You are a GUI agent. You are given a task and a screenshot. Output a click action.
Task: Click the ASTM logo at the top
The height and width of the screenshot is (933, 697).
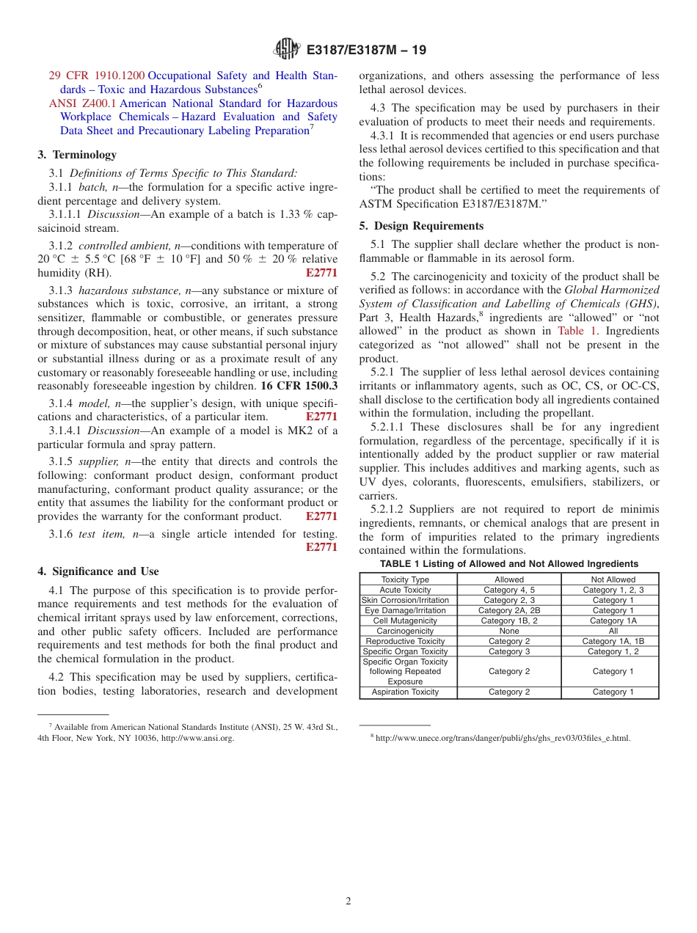click(x=286, y=50)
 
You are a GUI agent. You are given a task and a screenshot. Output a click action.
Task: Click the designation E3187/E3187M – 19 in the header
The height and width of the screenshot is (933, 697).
click(x=365, y=51)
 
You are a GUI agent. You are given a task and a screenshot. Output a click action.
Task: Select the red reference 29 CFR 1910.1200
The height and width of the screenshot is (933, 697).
click(x=97, y=76)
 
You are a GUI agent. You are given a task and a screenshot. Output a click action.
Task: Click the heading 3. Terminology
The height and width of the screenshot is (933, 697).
click(x=77, y=155)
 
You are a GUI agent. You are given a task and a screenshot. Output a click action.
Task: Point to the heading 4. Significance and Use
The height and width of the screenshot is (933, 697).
click(x=98, y=571)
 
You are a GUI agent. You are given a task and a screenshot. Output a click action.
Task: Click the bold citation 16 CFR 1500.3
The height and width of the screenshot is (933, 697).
click(x=299, y=386)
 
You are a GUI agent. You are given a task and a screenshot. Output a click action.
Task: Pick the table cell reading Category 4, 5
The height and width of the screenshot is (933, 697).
click(x=509, y=590)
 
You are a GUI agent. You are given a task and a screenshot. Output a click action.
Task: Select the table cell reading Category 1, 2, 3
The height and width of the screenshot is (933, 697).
click(x=613, y=590)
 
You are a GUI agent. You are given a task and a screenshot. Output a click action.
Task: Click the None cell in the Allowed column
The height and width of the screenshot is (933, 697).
click(x=509, y=631)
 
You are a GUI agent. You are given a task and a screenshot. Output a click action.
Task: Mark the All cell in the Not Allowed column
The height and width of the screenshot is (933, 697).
click(x=613, y=631)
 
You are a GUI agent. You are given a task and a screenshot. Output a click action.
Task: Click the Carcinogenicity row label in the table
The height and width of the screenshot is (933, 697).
click(x=405, y=631)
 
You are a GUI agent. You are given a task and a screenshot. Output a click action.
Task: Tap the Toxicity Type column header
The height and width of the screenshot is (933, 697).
click(x=405, y=579)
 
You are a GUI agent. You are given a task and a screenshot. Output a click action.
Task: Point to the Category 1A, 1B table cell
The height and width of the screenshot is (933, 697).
click(x=613, y=641)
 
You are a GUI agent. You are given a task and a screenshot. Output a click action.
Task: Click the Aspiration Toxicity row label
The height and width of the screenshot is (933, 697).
click(x=405, y=692)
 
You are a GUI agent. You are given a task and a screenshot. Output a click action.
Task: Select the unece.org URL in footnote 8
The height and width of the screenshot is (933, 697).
click(x=503, y=739)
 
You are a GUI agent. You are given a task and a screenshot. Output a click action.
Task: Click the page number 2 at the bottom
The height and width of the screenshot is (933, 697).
click(x=348, y=901)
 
